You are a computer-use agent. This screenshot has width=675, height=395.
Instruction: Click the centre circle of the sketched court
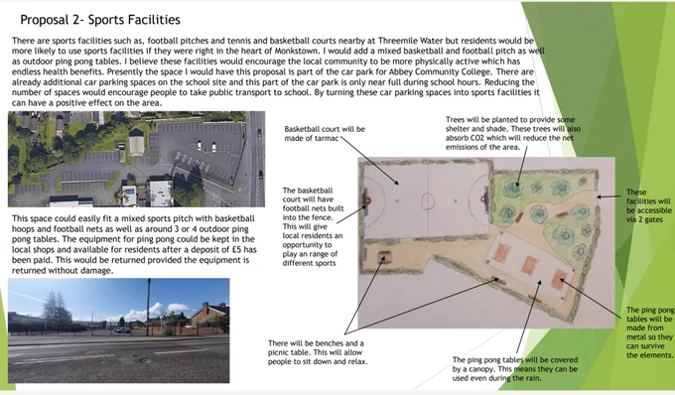(428, 200)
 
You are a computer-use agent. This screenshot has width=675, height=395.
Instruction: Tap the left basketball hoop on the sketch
(366, 200)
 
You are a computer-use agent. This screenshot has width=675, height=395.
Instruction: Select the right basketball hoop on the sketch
(484, 198)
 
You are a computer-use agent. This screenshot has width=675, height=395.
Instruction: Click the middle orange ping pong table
(529, 266)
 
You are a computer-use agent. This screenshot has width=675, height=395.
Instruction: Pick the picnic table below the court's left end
(383, 257)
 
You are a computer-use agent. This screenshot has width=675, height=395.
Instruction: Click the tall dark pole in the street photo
(149, 308)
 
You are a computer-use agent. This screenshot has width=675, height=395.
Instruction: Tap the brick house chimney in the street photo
(205, 307)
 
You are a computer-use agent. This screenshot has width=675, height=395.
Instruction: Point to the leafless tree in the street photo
(57, 310)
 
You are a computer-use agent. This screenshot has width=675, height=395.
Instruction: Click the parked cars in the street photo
(123, 330)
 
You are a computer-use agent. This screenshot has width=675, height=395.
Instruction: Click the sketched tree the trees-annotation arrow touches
(513, 190)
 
